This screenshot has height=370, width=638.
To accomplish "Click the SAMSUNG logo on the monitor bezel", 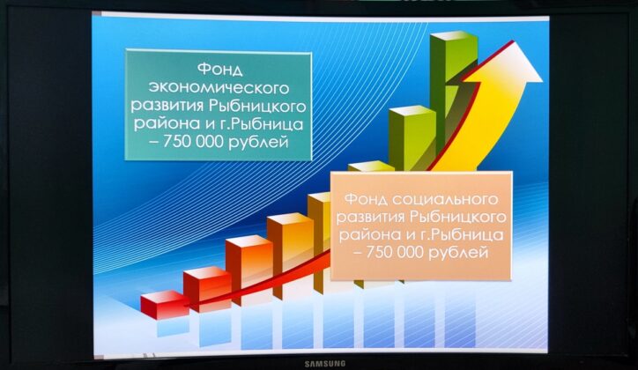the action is click(x=324, y=363).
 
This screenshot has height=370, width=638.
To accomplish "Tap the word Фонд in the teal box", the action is click(x=220, y=69).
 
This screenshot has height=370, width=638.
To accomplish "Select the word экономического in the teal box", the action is click(x=219, y=88).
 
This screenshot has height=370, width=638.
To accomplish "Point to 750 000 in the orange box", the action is click(x=395, y=252).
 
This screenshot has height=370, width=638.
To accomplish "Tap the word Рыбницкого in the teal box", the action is click(x=257, y=107).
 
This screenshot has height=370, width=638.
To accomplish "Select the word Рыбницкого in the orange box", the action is click(x=458, y=217).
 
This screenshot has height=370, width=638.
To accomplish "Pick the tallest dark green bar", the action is click(x=454, y=98).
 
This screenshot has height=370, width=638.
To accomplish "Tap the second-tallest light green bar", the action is click(x=412, y=138).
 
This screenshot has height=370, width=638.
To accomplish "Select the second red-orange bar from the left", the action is click(x=207, y=289).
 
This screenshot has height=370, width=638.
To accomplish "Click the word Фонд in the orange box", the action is click(x=367, y=199).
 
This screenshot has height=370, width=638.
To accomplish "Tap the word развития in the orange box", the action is click(x=372, y=218).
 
